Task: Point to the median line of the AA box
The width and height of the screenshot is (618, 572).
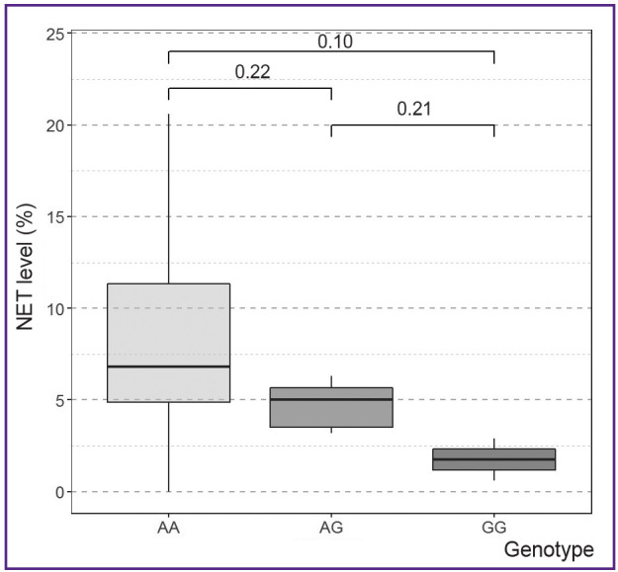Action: pos(168,367)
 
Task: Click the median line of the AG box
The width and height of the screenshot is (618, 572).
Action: pos(331,399)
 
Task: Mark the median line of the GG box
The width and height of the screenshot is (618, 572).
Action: pos(493,459)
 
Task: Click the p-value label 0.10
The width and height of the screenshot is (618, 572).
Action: pos(335,42)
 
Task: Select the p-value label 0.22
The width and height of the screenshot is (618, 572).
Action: pos(252,72)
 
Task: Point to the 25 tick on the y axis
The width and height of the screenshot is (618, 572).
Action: pos(56,35)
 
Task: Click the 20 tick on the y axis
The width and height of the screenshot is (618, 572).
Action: pos(56,125)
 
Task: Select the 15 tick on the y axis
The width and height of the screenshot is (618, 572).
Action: pos(56,217)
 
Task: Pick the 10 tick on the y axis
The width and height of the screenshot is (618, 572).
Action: pos(56,308)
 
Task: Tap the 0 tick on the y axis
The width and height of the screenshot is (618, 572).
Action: pos(60,492)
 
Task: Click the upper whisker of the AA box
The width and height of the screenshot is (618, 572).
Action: pos(168,198)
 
